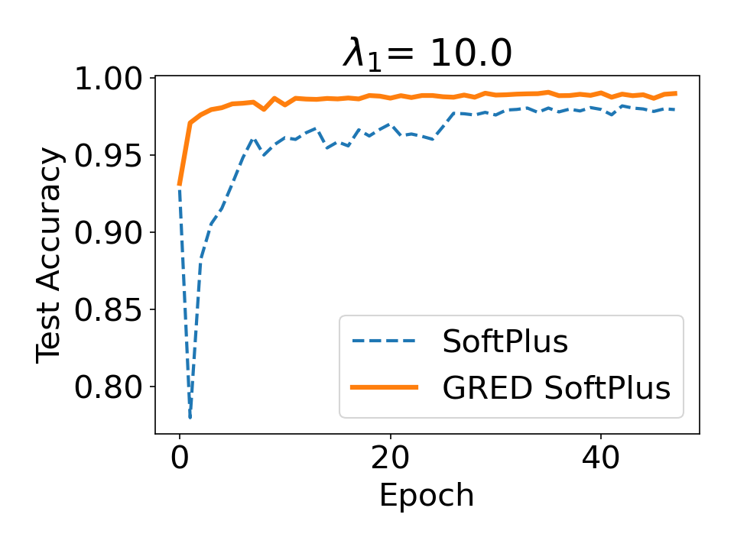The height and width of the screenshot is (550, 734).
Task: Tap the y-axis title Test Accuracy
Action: (x=50, y=256)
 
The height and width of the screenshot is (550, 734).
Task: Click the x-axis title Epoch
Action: (x=427, y=495)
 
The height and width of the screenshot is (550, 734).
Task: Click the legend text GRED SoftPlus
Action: (x=556, y=389)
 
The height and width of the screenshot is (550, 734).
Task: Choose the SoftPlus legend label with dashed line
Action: (x=505, y=342)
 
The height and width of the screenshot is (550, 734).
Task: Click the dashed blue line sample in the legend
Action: (x=384, y=342)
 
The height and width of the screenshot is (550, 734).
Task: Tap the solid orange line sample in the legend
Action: (x=384, y=389)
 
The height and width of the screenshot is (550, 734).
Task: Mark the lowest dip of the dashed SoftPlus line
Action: (x=190, y=417)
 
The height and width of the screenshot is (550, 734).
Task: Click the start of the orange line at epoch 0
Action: (x=179, y=185)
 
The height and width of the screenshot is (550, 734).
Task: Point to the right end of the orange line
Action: (x=675, y=93)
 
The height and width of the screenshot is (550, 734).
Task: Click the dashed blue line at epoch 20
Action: (x=390, y=124)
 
